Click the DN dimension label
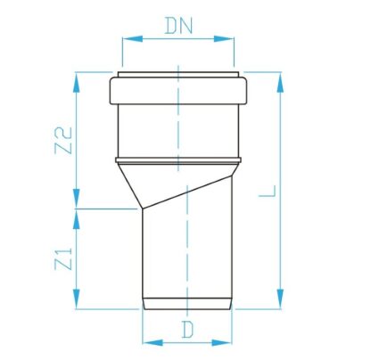179,26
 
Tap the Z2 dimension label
63,141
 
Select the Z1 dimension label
64,258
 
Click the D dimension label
187,330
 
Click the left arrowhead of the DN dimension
132,39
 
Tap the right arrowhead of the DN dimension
224,39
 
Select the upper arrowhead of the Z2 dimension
77,83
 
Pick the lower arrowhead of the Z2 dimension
77,199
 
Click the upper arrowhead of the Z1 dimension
77,219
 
